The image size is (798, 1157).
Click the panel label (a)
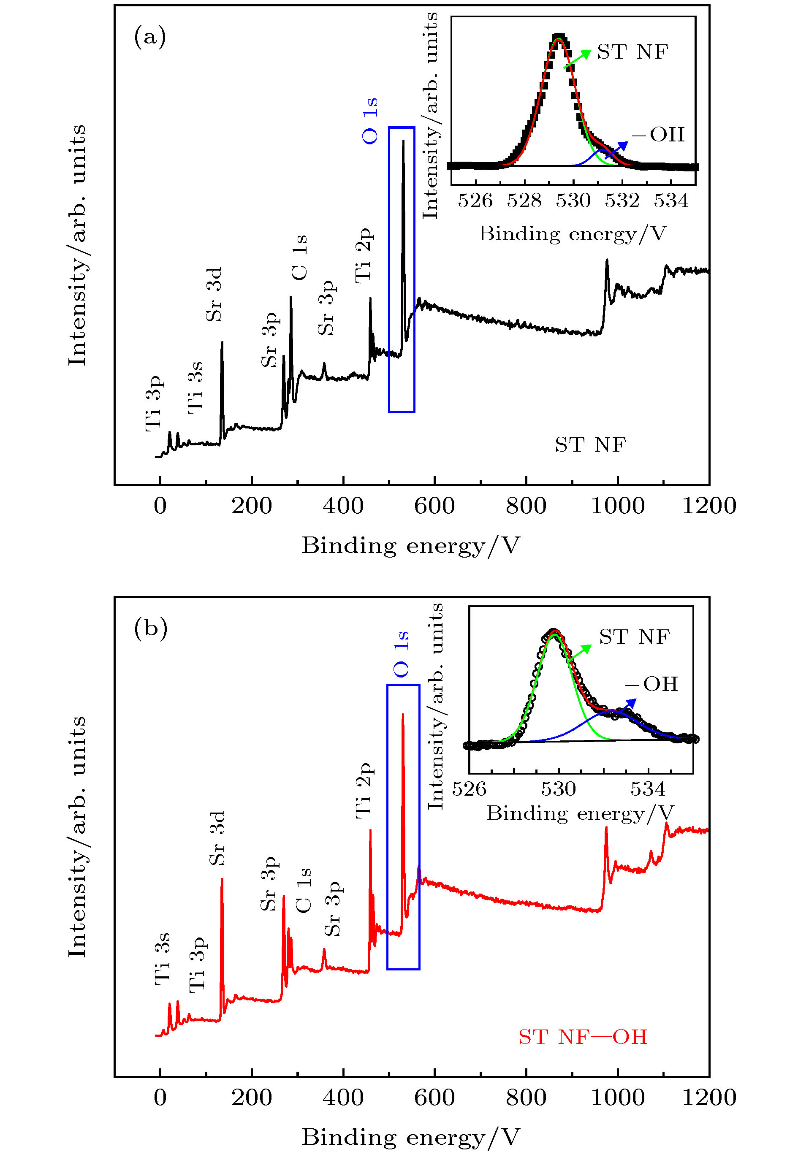pos(150,38)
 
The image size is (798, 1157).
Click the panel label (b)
pos(150,628)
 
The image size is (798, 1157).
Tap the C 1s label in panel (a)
pos(299,257)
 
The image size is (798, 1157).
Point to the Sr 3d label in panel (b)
pos(217,838)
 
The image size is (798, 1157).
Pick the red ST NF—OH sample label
pos(583,1037)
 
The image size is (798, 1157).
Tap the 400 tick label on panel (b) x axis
pos(343,1097)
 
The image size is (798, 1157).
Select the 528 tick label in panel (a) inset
pos(524,201)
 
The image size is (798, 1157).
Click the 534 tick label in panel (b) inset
pos(648,788)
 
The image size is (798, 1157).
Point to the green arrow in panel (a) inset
pos(578,59)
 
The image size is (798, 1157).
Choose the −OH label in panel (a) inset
pos(658,135)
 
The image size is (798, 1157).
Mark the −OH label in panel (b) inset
pos(651,684)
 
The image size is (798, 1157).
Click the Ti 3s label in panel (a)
pos(195,387)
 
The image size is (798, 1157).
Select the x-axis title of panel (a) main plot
pos(410,545)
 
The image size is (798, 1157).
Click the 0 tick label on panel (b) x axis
pos(160,1097)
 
